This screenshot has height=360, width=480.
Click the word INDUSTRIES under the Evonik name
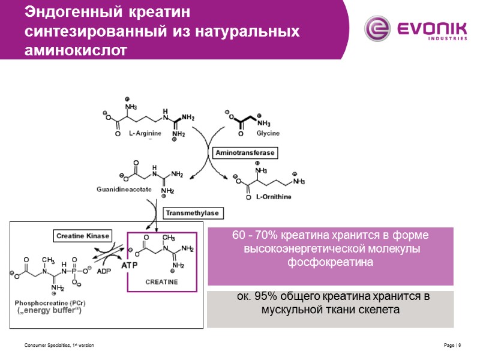pos(448,38)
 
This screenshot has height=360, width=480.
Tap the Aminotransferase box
pos(245,153)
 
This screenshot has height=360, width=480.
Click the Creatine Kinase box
pos(82,236)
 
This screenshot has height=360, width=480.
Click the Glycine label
pos(268,133)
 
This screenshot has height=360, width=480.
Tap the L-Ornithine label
pos(274,198)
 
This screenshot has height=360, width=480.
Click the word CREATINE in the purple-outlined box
pos(162,281)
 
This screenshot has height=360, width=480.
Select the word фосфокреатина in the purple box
pos(331,262)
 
